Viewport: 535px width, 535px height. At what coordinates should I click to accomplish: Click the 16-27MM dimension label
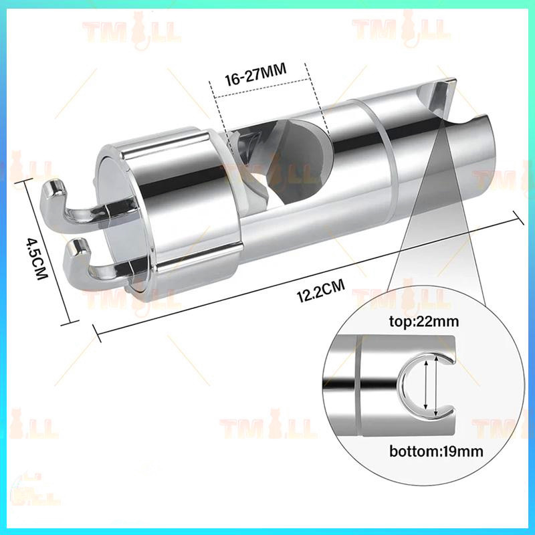click(x=255, y=76)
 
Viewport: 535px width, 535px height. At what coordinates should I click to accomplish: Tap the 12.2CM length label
click(x=321, y=290)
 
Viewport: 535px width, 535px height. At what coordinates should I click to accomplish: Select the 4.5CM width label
click(x=37, y=258)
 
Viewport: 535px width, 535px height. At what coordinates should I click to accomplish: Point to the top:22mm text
click(x=424, y=322)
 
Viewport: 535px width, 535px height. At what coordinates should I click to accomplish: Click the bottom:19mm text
click(x=436, y=451)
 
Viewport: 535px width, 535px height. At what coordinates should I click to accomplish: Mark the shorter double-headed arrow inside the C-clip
click(x=425, y=385)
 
